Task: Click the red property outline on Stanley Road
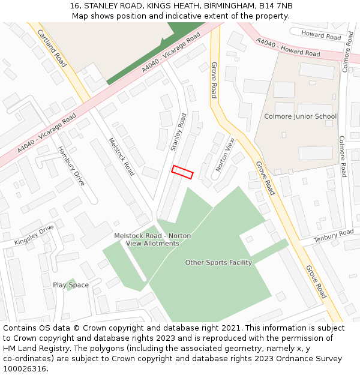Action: click(182, 172)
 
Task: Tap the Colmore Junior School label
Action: click(300, 116)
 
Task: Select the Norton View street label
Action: click(223, 155)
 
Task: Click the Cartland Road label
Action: click(52, 47)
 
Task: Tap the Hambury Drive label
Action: click(71, 166)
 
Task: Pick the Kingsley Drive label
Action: click(34, 235)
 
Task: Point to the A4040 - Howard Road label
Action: click(288, 48)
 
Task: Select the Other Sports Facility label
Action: click(218, 262)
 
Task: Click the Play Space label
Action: click(71, 285)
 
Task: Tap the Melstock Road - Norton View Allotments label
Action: click(152, 239)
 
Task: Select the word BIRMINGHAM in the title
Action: click(224, 5)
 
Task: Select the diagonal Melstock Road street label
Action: click(121, 157)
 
